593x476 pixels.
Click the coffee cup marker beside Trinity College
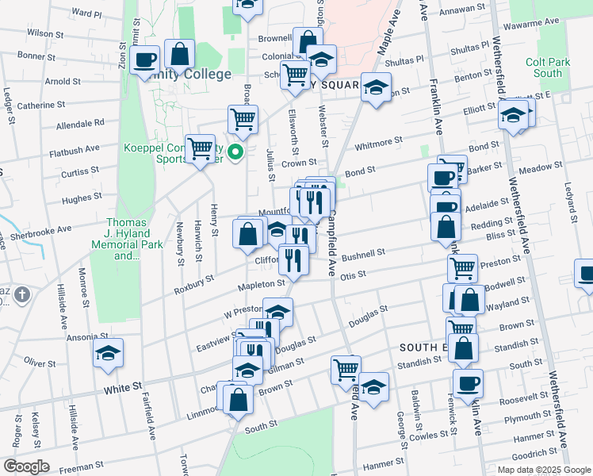145,59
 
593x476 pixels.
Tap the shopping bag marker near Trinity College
180,55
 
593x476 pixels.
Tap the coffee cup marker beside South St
468,384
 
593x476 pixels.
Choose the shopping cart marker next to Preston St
462,267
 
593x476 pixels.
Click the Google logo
25,466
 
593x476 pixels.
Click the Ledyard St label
570,204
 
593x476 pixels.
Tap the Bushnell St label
363,255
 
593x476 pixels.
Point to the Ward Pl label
86,14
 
